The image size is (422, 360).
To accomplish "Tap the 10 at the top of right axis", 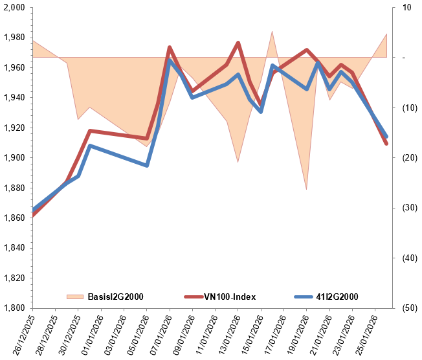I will click(x=406, y=8).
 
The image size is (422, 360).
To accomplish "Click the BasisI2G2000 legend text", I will click(x=115, y=297).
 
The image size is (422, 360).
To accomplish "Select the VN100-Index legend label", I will click(x=229, y=297).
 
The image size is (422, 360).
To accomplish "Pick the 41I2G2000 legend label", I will click(x=336, y=297).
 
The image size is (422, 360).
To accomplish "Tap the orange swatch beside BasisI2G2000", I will click(x=75, y=297).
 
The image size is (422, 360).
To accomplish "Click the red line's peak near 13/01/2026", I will click(x=238, y=43).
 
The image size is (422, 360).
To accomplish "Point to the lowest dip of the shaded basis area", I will click(x=307, y=189).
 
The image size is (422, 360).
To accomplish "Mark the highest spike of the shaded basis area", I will click(x=272, y=31).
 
